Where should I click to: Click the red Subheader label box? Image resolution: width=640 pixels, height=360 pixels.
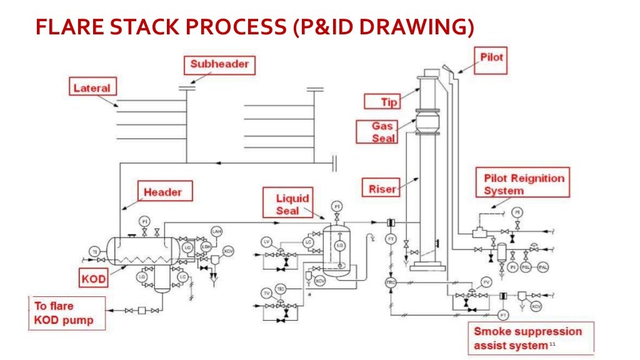219,64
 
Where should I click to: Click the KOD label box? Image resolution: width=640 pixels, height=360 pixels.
93,277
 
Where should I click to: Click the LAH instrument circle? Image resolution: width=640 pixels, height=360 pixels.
217,231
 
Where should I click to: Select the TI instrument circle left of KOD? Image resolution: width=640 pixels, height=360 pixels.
95,251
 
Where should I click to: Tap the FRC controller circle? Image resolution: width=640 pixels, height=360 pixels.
391,282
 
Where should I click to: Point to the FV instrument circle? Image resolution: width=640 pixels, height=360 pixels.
486,282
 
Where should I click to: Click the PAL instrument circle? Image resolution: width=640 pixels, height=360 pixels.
544,267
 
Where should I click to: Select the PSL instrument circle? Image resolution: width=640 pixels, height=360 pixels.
527,267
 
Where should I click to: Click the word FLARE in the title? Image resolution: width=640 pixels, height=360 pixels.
72,28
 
